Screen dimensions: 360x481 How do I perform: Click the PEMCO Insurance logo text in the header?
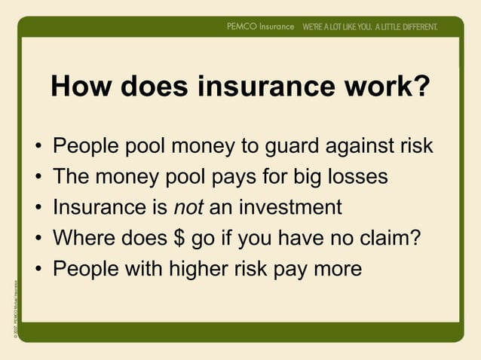click(x=260, y=26)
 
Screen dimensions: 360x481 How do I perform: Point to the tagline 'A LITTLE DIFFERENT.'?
click(x=400, y=26)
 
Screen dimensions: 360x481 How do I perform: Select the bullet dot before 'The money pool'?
click(x=38, y=177)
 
